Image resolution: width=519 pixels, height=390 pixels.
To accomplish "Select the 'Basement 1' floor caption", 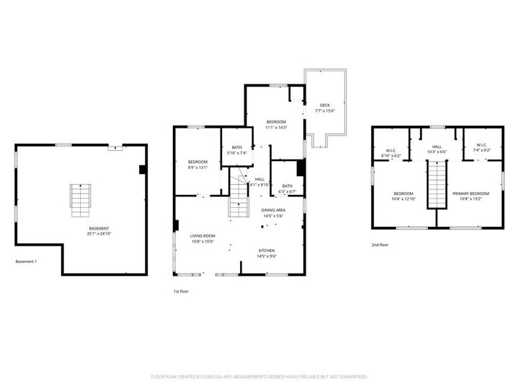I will [26, 261].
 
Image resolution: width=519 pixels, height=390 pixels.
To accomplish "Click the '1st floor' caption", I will [181, 291].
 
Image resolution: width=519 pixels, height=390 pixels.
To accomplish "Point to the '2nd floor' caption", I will [380, 245].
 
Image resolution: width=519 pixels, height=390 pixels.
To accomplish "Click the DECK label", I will [325, 105].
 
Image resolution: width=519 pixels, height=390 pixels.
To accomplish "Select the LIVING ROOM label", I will [203, 235].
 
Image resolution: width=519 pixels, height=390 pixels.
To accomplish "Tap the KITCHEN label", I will [267, 251].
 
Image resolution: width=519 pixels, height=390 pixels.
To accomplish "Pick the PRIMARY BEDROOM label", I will [471, 194].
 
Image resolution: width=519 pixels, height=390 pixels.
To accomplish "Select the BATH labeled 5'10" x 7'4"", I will [236, 147].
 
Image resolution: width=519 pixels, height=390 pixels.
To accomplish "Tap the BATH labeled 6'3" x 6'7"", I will [288, 186].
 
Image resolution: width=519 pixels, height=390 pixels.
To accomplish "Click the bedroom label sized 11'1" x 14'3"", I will [276, 121].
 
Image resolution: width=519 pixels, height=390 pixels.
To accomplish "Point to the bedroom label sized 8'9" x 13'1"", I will [198, 162].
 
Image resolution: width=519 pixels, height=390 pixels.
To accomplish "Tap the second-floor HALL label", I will [437, 146].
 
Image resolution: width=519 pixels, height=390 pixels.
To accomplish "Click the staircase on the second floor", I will [437, 183].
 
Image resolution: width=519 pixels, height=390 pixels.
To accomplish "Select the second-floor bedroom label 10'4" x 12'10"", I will [403, 194].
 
